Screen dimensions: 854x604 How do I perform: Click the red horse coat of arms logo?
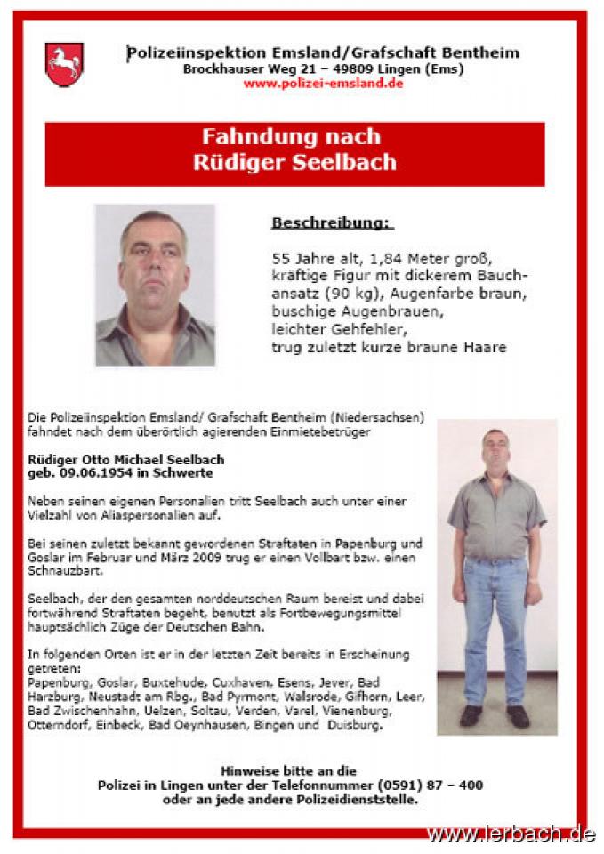click(x=64, y=64)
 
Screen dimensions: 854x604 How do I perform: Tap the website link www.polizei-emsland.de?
click(x=323, y=84)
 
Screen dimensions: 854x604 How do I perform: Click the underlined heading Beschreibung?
click(x=332, y=222)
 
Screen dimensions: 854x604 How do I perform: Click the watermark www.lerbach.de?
click(x=510, y=834)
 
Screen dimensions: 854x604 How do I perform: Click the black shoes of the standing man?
click(x=495, y=715)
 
